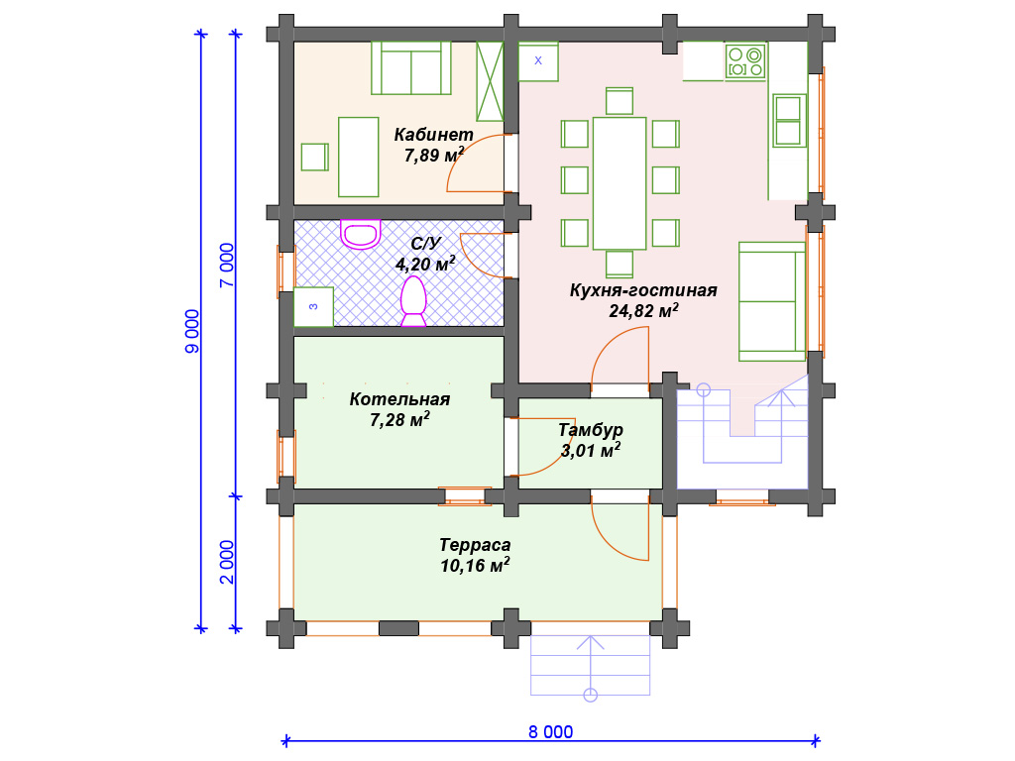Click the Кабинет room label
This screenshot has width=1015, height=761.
pyautogui.click(x=434, y=135)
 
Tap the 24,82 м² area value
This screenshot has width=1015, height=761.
pyautogui.click(x=643, y=310)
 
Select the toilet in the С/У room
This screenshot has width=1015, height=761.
pyautogui.click(x=413, y=301)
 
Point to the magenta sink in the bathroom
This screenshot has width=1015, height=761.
pyautogui.click(x=361, y=234)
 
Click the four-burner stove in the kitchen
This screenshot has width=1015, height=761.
pyautogui.click(x=745, y=62)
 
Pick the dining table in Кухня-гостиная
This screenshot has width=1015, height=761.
pyautogui.click(x=620, y=183)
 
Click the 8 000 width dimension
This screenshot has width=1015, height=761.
pyautogui.click(x=550, y=732)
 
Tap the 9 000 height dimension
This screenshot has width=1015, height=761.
pyautogui.click(x=193, y=331)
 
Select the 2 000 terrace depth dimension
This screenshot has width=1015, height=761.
pyautogui.click(x=227, y=563)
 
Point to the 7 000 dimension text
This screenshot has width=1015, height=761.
pyautogui.click(x=227, y=266)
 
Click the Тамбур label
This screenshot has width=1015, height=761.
pyautogui.click(x=591, y=430)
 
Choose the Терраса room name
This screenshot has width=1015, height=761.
pyautogui.click(x=475, y=545)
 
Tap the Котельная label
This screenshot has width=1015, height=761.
pyautogui.click(x=399, y=399)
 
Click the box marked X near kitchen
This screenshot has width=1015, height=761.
pyautogui.click(x=538, y=62)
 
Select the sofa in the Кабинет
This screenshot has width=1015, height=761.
pyautogui.click(x=411, y=68)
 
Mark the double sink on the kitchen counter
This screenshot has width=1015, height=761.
pyautogui.click(x=788, y=120)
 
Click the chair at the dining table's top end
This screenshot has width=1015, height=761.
pyautogui.click(x=620, y=102)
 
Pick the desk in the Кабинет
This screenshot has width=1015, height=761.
pyautogui.click(x=359, y=158)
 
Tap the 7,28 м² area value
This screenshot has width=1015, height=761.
pyautogui.click(x=399, y=419)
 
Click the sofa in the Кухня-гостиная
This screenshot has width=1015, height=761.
pyautogui.click(x=772, y=301)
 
